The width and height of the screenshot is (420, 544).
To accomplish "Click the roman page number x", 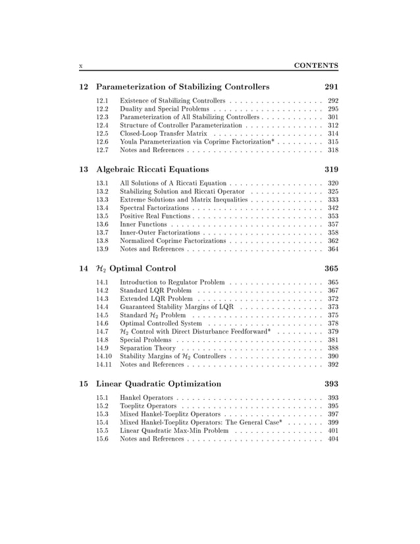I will (x=80, y=66).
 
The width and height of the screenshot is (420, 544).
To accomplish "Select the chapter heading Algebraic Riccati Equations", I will (x=152, y=169).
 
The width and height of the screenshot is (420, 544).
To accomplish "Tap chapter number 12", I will (x=83, y=87).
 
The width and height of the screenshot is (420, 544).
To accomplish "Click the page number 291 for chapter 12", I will (x=331, y=87).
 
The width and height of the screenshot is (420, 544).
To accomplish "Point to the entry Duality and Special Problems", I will (x=165, y=109).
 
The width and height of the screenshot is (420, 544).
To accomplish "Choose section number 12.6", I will (x=102, y=142).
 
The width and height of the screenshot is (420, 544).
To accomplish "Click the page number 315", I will (x=332, y=142).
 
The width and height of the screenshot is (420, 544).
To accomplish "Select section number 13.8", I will (x=102, y=241).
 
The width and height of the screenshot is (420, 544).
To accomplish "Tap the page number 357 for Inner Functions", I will (x=332, y=225).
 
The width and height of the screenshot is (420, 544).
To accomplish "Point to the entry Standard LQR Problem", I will (x=156, y=290).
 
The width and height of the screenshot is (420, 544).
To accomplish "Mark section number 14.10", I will (x=104, y=356).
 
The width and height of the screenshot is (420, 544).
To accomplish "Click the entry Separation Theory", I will (x=147, y=348).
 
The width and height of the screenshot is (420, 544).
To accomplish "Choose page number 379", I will (x=332, y=331).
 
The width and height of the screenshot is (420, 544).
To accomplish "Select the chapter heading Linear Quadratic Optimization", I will (x=159, y=383).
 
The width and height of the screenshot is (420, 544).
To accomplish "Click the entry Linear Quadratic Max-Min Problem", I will (x=174, y=430).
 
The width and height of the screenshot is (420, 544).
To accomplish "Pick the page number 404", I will (x=332, y=439).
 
